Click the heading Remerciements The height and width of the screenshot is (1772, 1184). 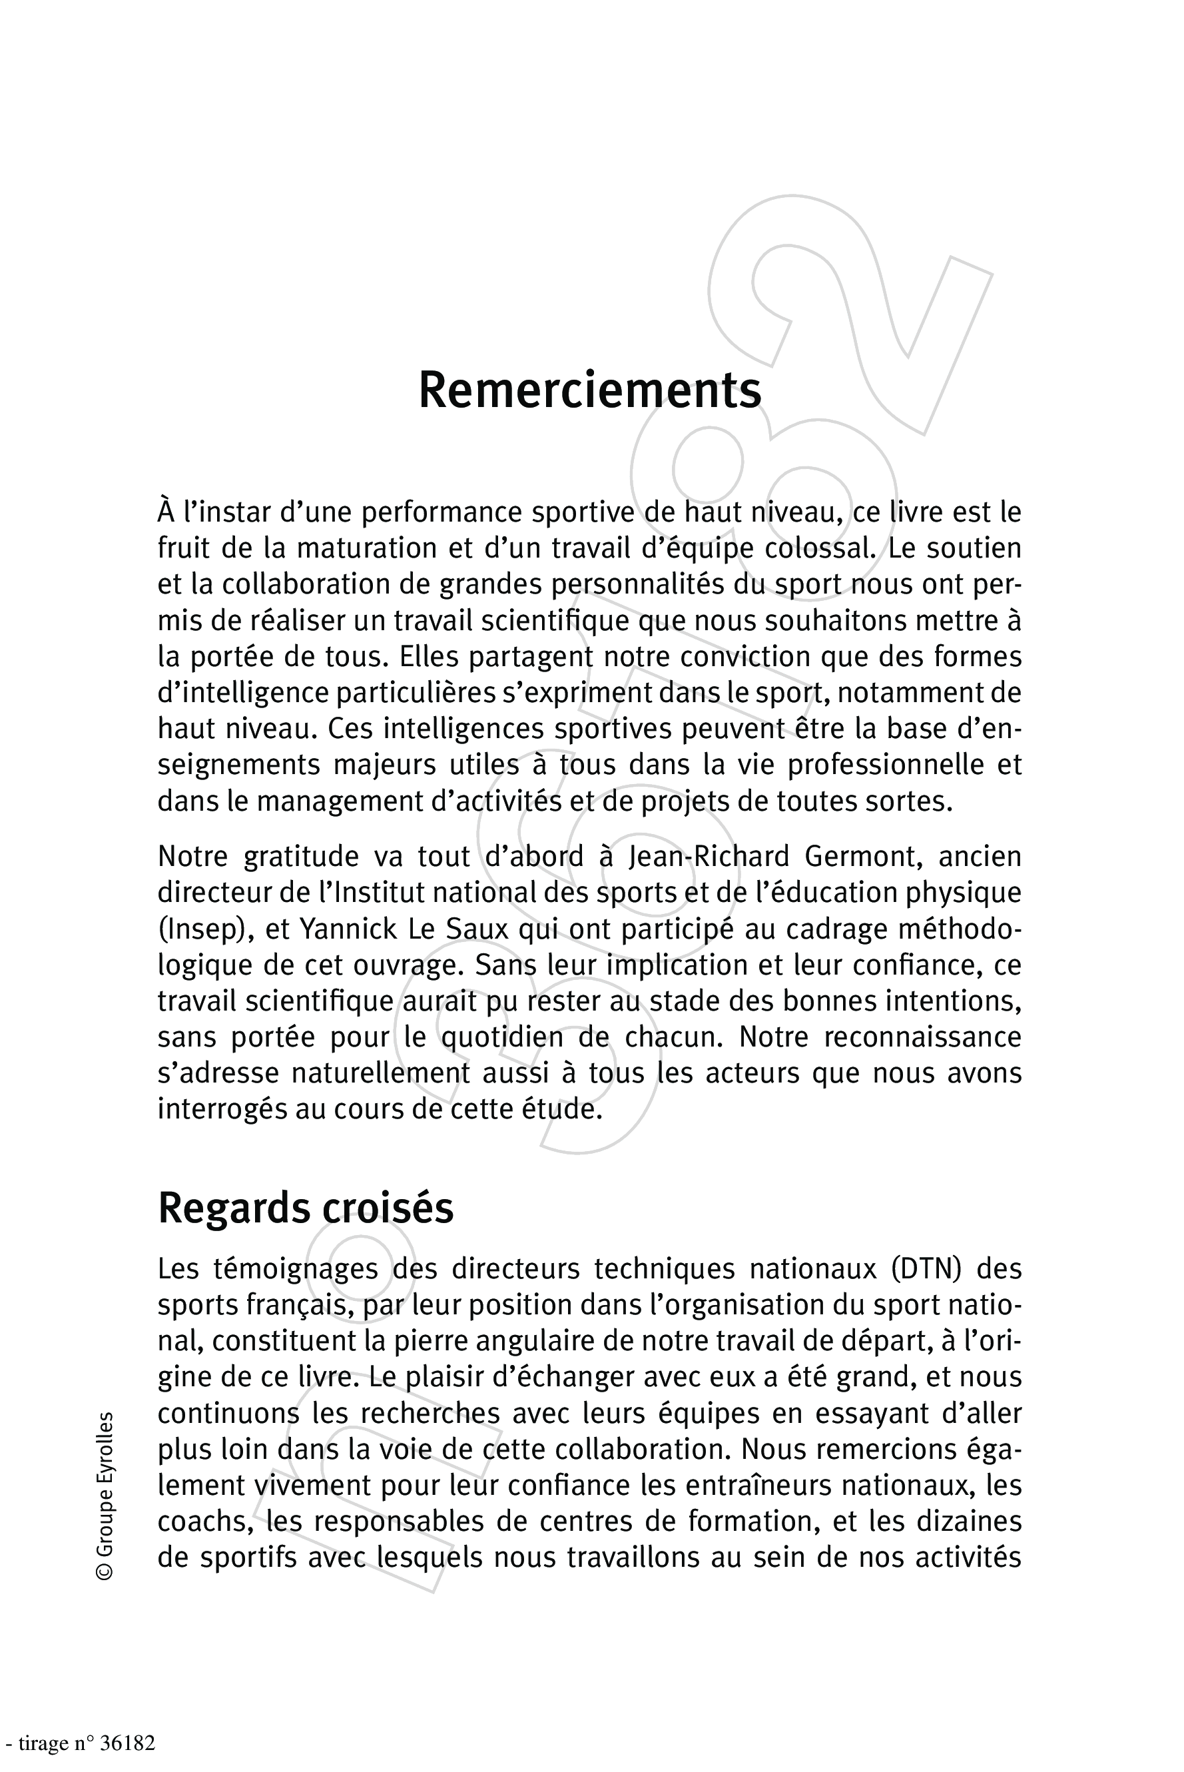tap(590, 390)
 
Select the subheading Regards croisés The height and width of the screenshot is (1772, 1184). tap(305, 1208)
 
